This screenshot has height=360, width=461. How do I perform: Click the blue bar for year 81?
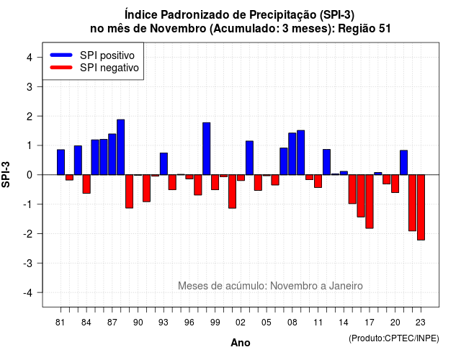(x=61, y=162)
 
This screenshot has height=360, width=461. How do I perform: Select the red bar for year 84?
(x=86, y=184)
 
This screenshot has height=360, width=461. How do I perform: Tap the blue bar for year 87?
(x=112, y=154)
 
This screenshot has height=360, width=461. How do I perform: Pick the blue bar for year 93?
(x=164, y=164)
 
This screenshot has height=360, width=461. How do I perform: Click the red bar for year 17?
(x=370, y=202)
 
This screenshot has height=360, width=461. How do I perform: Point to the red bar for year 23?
(x=421, y=207)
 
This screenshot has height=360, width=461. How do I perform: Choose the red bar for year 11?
(x=318, y=181)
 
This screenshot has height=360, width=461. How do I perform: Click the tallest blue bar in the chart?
(x=121, y=147)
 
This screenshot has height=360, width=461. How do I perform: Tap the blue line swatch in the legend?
(x=61, y=55)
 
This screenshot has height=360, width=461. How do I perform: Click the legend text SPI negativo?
(x=109, y=68)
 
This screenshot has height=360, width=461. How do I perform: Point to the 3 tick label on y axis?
(x=30, y=86)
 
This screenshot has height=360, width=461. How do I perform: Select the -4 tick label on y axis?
(x=28, y=292)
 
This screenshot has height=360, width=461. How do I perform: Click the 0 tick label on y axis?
(x=30, y=175)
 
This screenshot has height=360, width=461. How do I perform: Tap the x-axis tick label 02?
(x=241, y=323)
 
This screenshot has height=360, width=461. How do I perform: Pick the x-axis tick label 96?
(x=189, y=323)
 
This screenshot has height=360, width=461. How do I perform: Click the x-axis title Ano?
(x=241, y=343)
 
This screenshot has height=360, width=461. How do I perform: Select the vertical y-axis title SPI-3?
(x=6, y=175)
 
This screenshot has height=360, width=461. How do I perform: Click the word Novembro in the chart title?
(x=179, y=29)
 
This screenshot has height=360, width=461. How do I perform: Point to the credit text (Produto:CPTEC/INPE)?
(x=394, y=338)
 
